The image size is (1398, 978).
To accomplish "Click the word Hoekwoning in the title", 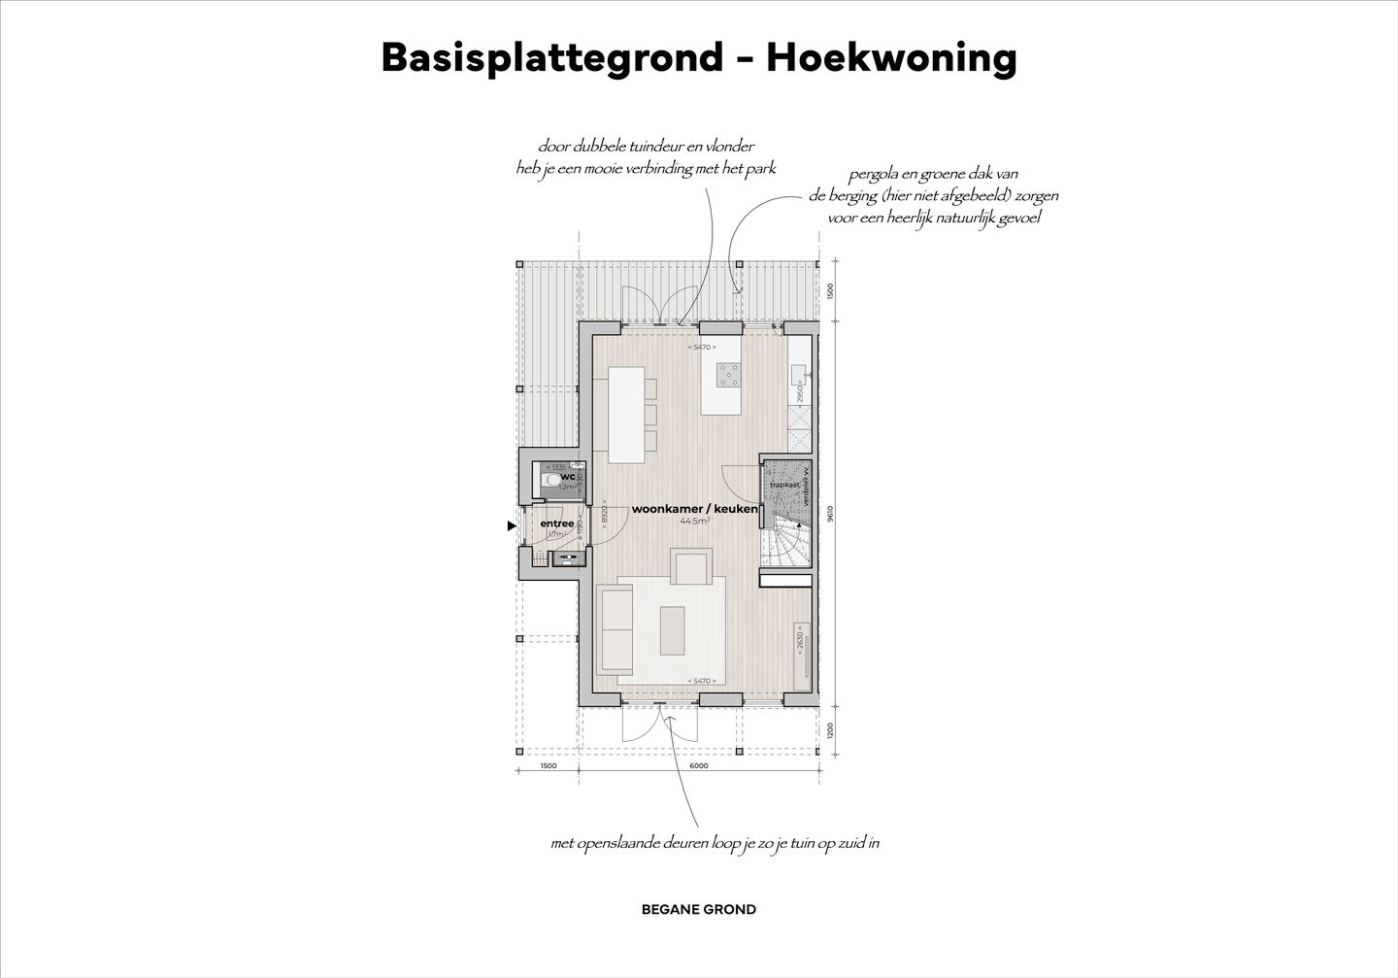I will [x=891, y=58].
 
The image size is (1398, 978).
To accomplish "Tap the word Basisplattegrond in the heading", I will [x=551, y=58].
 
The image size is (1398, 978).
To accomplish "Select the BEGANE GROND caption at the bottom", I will [x=699, y=910].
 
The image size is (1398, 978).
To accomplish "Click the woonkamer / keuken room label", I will [x=694, y=509].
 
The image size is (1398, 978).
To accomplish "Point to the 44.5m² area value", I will [x=694, y=522].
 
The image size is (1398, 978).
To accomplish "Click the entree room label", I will [x=557, y=524].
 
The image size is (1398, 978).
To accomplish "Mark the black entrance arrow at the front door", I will [x=512, y=526].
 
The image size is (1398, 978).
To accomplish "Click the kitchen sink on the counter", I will [x=798, y=375].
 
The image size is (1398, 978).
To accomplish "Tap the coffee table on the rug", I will [x=673, y=629].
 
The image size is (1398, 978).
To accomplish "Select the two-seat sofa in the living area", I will [x=615, y=626].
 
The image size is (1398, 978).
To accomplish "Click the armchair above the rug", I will [x=691, y=566].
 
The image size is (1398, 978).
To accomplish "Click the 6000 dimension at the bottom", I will [x=699, y=766].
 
